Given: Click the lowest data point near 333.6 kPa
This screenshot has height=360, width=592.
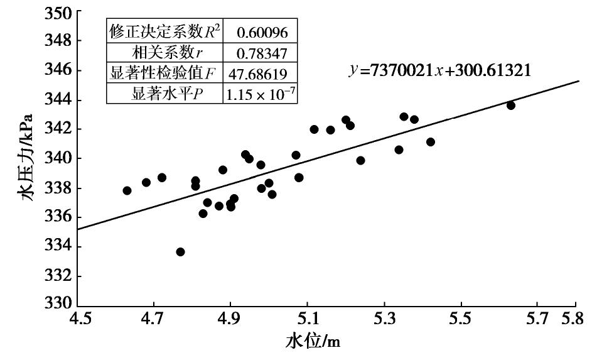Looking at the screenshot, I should (181, 252).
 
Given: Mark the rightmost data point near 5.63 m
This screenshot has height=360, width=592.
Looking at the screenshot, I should (511, 105).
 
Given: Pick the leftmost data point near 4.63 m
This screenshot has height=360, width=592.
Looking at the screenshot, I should (127, 190).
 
